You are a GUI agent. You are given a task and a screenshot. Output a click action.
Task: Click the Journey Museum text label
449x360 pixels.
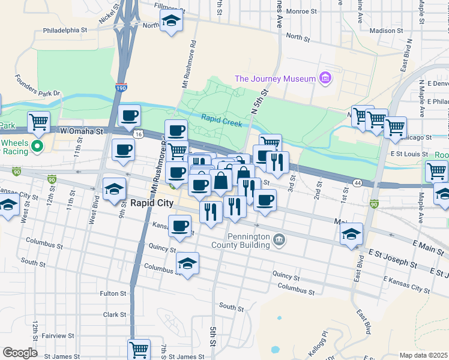275,79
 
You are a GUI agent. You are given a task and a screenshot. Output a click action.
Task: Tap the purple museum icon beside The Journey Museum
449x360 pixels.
325,78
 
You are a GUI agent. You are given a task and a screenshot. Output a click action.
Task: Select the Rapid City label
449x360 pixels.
152,203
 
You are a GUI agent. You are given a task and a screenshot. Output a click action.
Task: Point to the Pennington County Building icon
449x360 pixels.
279,240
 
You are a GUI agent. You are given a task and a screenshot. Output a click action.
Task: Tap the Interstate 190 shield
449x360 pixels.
122,88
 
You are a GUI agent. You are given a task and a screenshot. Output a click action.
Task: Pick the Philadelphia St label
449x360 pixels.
65,29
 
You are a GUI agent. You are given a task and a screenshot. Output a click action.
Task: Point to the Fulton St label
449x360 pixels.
113,293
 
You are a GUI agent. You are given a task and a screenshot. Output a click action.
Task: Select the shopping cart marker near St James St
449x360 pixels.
139,348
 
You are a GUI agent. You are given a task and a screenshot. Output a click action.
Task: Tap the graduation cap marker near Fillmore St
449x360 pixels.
171,22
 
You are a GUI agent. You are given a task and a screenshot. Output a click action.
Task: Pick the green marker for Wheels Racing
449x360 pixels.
37,146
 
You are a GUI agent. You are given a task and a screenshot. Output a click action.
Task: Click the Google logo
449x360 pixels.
20,353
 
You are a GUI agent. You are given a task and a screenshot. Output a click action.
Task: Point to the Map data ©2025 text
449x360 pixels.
423,355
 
